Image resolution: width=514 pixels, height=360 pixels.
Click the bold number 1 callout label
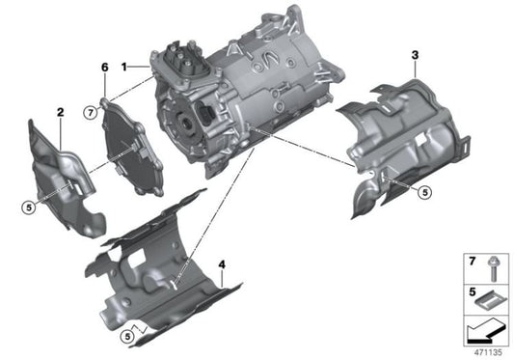click(x=123, y=67)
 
